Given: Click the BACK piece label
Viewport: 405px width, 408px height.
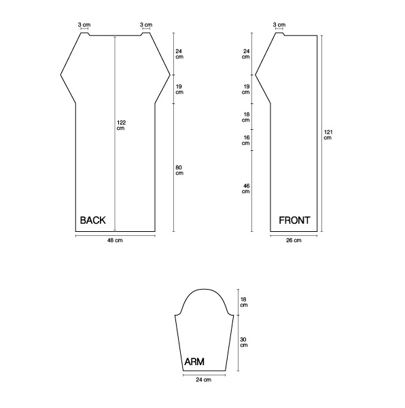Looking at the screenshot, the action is pyautogui.click(x=93, y=220).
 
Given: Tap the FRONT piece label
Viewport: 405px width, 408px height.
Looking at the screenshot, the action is pyautogui.click(x=294, y=220).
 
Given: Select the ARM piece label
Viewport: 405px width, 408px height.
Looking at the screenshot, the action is pyautogui.click(x=194, y=362).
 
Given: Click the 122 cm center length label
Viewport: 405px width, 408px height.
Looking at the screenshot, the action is pyautogui.click(x=121, y=125).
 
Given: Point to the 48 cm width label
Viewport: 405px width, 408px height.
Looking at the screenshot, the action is pyautogui.click(x=115, y=241).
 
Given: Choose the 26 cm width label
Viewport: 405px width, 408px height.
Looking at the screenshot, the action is pyautogui.click(x=294, y=241).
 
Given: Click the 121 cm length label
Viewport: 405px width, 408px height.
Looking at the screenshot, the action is pyautogui.click(x=328, y=135).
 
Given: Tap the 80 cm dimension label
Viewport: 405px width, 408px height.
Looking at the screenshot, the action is pyautogui.click(x=179, y=170).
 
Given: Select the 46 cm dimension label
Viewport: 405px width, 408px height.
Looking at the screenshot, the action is pyautogui.click(x=246, y=188).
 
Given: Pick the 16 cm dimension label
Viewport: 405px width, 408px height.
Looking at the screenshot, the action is pyautogui.click(x=246, y=140).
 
